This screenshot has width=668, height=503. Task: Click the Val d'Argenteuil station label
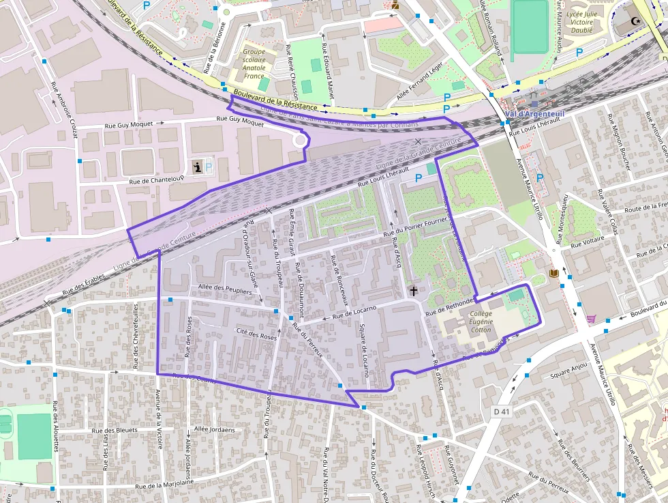(x=536, y=114)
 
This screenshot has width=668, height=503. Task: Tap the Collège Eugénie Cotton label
(x=481, y=321)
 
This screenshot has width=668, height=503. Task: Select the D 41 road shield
(x=502, y=411)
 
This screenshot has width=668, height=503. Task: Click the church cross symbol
(x=413, y=291)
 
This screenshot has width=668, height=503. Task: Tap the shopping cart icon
(x=590, y=319)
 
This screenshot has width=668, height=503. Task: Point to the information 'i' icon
(x=198, y=167)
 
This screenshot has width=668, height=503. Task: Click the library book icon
(x=553, y=274)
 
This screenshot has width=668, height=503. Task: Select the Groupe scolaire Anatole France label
(x=254, y=63)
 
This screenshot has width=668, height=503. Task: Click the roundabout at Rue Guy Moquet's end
(x=299, y=140)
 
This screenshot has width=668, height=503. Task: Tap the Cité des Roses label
(x=256, y=336)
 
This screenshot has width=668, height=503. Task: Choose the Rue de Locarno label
(x=354, y=313)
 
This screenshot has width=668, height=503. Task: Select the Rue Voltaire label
(x=585, y=243)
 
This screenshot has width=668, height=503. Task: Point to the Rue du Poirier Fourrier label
(x=419, y=227)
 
